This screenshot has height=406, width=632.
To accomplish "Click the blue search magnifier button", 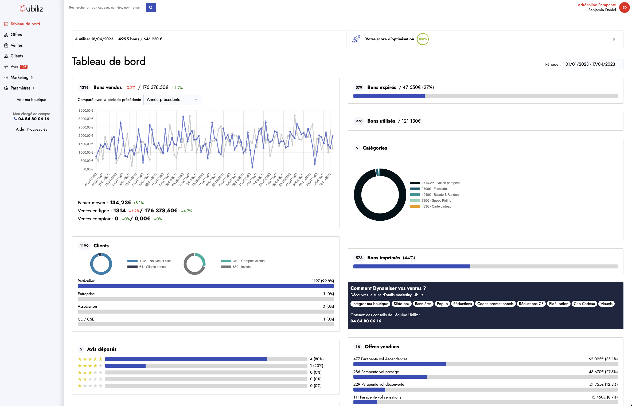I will click(151, 7).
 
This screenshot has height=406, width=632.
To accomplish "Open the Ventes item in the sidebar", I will click(17, 45).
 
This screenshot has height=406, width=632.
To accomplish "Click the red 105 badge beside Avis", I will click(24, 67).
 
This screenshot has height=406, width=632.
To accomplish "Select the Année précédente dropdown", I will click(173, 100).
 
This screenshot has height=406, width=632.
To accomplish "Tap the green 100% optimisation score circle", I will click(423, 39).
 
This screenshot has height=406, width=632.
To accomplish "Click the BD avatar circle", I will click(624, 7).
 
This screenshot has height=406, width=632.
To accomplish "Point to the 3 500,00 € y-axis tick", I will click(86, 111).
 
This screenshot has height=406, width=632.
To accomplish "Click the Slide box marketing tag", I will click(401, 304).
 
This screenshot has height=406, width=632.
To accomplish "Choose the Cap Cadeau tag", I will click(584, 304).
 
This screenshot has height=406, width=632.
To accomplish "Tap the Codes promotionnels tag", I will click(495, 304).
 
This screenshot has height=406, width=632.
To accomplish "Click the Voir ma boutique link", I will click(32, 100).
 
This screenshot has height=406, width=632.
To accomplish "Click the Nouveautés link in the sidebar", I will click(37, 129).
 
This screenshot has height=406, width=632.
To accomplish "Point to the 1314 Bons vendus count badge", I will click(84, 87).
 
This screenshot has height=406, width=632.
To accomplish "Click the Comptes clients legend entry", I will click(248, 261).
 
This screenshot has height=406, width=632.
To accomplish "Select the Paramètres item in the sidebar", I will click(21, 88).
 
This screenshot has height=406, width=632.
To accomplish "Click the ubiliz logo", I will click(32, 9).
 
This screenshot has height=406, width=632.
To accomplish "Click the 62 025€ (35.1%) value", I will click(603, 359).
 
